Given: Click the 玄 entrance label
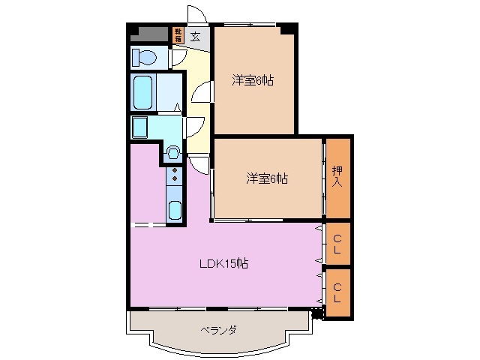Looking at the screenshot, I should point(195,35).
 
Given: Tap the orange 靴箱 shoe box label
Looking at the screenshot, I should point(178,34).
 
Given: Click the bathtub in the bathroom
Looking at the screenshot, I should point(144,92).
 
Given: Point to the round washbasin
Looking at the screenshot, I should point(173,153).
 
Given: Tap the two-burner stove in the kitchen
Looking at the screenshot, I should point(175,175).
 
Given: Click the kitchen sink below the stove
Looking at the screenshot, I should point(175,209).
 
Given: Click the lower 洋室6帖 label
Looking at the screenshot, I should point(268,178).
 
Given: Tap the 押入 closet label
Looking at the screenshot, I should point(338,177).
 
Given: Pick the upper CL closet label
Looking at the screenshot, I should point(338,244).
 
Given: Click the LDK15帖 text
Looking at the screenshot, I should point(223,263).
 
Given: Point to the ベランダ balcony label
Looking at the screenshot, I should point(218,329).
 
